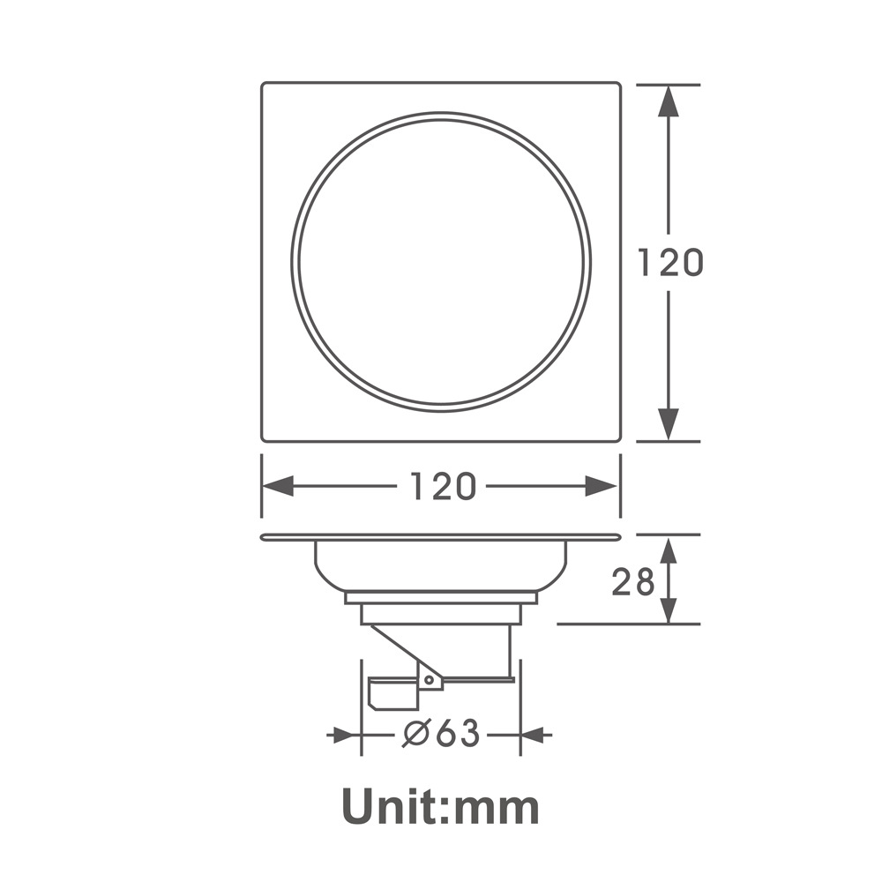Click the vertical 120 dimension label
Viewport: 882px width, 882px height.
(670, 263)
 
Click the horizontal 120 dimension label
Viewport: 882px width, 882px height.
(443, 487)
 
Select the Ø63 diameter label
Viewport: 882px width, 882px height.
(442, 734)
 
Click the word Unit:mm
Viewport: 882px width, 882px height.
(440, 807)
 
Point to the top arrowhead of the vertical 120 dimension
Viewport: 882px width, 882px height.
(669, 101)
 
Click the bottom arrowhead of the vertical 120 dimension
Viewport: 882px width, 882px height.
(669, 425)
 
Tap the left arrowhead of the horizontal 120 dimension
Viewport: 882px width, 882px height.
(278, 487)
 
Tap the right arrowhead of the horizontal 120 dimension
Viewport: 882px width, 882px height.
(602, 487)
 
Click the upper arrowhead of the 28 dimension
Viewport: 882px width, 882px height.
(669, 550)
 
